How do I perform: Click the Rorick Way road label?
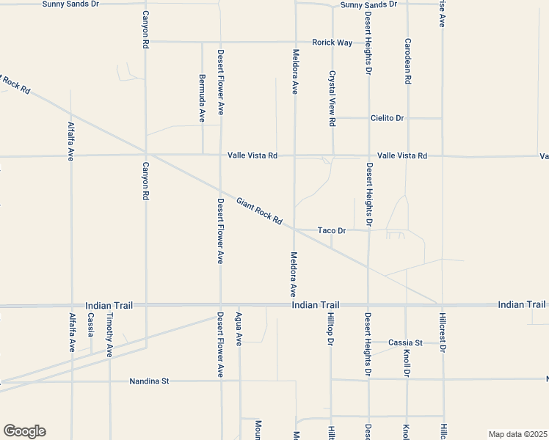click(332, 43)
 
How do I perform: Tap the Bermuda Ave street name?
click(202, 97)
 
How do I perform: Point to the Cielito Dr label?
click(388, 118)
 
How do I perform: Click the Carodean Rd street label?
click(407, 60)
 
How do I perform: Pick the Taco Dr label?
click(331, 230)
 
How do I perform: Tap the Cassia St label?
click(406, 342)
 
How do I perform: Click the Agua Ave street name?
click(239, 329)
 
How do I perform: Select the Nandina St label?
click(149, 381)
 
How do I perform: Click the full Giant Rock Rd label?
click(260, 210)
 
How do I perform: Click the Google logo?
click(24, 431)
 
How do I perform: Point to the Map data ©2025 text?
click(517, 434)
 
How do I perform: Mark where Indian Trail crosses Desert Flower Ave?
click(221, 305)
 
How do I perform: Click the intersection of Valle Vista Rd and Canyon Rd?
click(146, 155)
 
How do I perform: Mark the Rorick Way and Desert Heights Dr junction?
click(368, 42)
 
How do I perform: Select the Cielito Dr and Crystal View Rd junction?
click(332, 118)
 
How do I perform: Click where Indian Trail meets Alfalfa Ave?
click(72, 305)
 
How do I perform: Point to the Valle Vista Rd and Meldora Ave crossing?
click(295, 155)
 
